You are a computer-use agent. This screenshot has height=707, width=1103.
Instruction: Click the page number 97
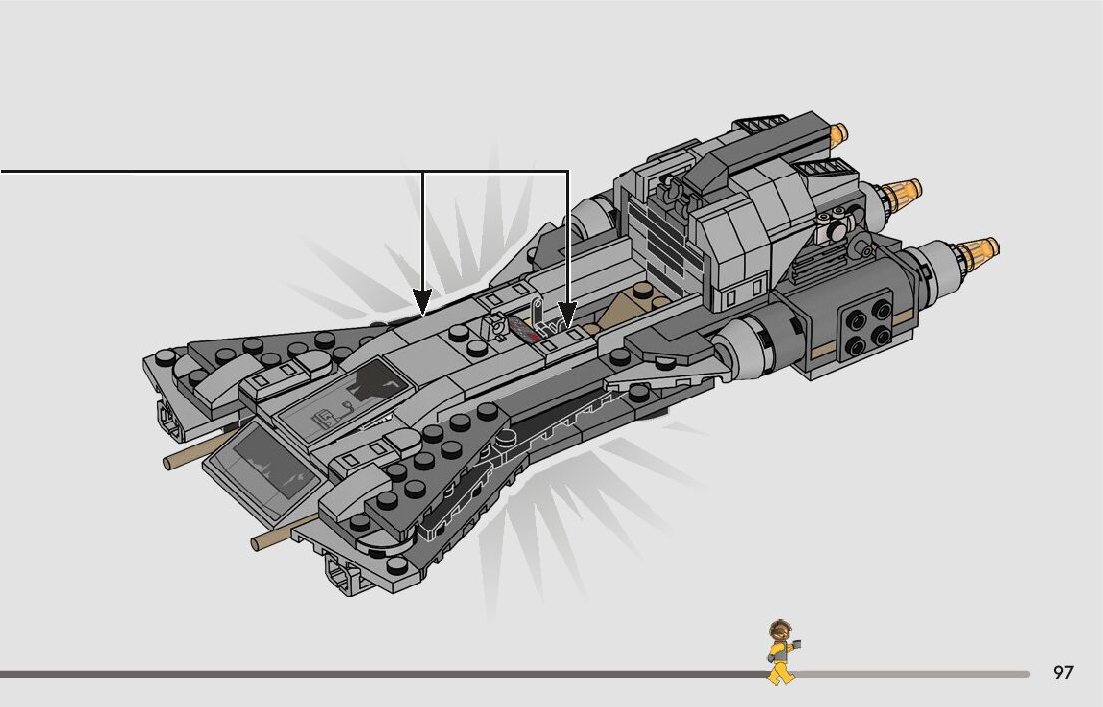pyautogui.click(x=1063, y=673)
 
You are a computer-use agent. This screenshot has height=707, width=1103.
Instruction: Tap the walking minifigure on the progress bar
pyautogui.click(x=782, y=652)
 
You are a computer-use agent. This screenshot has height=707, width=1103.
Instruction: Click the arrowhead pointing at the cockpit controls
pyautogui.click(x=567, y=316)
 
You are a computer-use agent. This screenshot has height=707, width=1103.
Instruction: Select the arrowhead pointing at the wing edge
pyautogui.click(x=423, y=300)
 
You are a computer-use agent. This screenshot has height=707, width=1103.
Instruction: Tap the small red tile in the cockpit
pyautogui.click(x=536, y=338)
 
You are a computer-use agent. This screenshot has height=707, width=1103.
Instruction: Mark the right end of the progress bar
pyautogui.click(x=1027, y=674)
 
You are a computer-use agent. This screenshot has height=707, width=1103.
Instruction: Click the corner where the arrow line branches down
pyautogui.click(x=423, y=172)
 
